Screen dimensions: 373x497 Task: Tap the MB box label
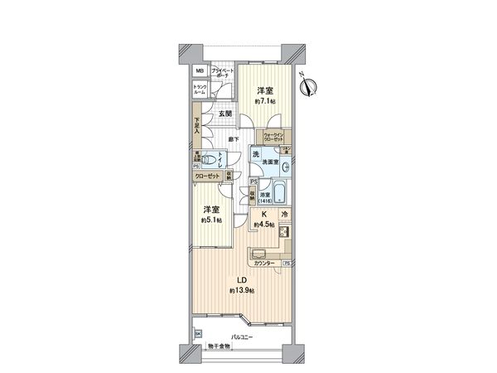click(x=199, y=71)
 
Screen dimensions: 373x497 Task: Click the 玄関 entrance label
click(x=224, y=114)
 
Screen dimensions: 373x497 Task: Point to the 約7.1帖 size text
click(x=265, y=100)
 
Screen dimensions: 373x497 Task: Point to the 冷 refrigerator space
click(x=284, y=214)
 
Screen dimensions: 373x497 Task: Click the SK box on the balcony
click(x=197, y=335)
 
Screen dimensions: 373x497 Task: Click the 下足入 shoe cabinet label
click(x=197, y=127)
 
